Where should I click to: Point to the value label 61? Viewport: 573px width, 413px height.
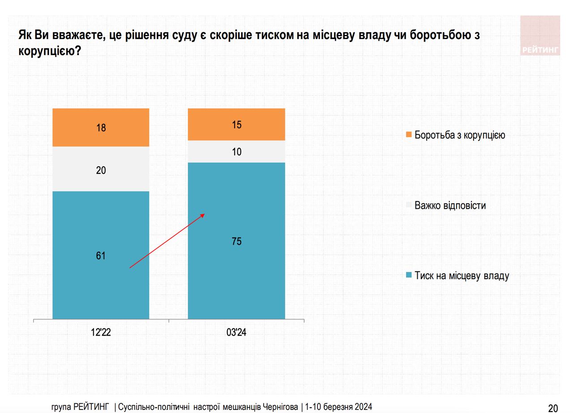point(101,256)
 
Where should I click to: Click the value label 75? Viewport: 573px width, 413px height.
point(236,242)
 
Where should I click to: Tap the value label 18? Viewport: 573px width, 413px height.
point(101,128)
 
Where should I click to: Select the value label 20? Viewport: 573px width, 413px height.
point(101,170)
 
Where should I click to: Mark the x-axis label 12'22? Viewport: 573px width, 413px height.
point(101,333)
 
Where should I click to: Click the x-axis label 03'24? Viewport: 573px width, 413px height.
point(236,333)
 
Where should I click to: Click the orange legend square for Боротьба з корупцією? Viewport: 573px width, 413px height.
point(408,135)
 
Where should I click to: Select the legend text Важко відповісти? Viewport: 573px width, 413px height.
point(450,206)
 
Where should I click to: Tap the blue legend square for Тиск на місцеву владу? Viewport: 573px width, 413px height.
point(408,275)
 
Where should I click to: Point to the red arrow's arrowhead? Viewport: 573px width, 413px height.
point(203,215)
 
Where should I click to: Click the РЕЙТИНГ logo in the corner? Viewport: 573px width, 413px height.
point(540,36)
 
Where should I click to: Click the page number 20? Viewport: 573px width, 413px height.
point(553,408)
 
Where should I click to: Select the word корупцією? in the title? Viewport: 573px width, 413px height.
point(50,51)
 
